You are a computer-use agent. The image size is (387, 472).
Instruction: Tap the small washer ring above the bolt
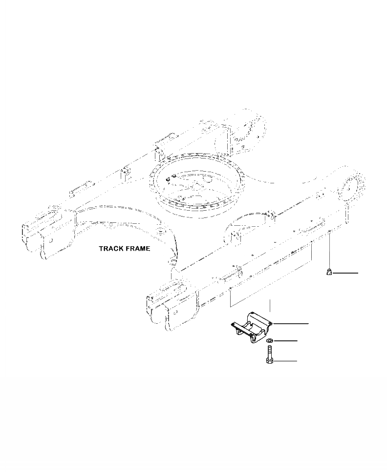[x=270, y=340]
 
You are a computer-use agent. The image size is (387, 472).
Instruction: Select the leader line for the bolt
[x=285, y=361]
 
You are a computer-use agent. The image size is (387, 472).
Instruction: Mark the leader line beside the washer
[x=285, y=340]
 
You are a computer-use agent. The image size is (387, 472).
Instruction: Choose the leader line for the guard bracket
[x=292, y=323]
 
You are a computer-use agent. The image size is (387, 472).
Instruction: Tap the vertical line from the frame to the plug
[x=330, y=251]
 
